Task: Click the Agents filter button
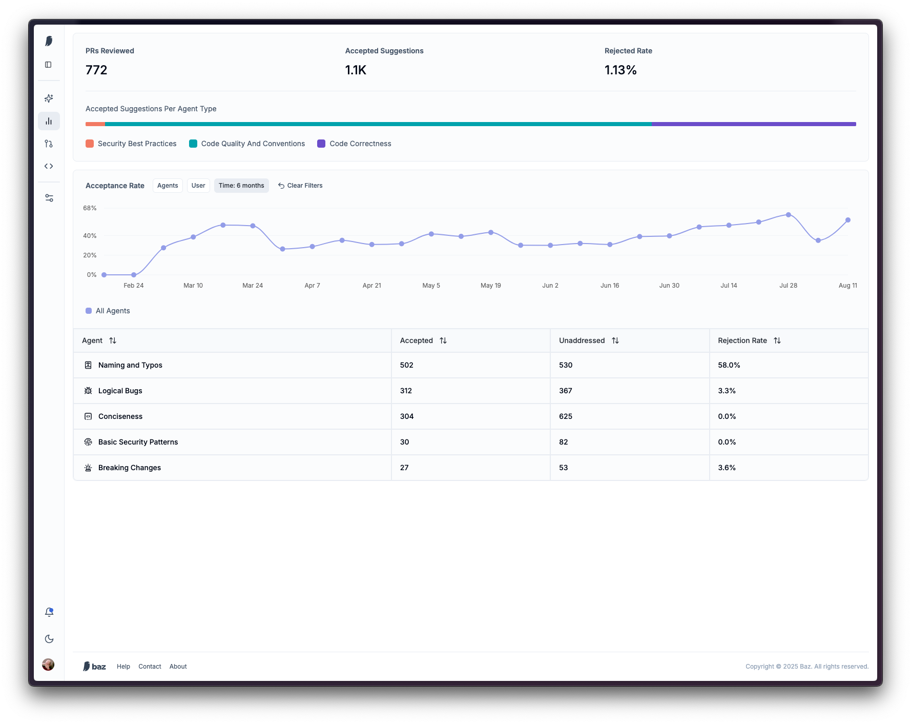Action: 168,186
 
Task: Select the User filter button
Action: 198,186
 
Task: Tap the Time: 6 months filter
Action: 241,186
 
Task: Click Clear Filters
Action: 300,186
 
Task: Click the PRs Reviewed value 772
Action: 96,70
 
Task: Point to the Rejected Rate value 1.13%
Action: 620,70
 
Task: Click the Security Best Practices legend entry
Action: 131,144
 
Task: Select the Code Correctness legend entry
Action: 354,144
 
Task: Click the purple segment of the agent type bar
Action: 754,124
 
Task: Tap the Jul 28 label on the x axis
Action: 788,286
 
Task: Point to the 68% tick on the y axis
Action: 90,208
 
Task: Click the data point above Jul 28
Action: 789,215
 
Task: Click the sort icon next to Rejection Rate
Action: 777,340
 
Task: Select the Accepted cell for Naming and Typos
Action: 407,365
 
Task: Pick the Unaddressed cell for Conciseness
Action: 566,416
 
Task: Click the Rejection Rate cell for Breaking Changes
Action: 727,468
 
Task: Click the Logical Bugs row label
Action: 120,391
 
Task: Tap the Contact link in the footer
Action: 150,667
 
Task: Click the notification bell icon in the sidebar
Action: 49,612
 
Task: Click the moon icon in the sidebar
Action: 49,639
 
